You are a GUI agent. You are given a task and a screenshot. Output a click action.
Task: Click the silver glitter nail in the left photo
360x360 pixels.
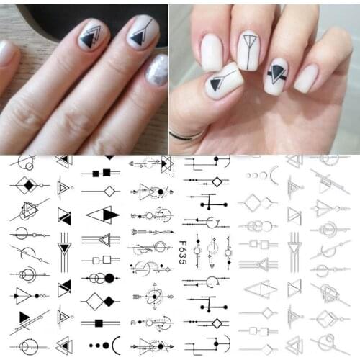pos(157,70)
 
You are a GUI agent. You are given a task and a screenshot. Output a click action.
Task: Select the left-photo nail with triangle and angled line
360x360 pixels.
pos(143,31)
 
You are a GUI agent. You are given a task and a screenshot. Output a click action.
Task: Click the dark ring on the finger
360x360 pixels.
pos(183,133)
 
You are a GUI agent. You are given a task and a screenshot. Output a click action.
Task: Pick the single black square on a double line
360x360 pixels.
pos(99,323)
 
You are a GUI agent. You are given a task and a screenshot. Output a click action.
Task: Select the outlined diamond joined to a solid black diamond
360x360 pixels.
pos(101,301)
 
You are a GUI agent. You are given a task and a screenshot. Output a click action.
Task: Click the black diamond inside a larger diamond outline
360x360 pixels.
pos(28,185)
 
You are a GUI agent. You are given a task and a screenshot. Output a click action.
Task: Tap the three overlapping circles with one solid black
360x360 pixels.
pos(102,278)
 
